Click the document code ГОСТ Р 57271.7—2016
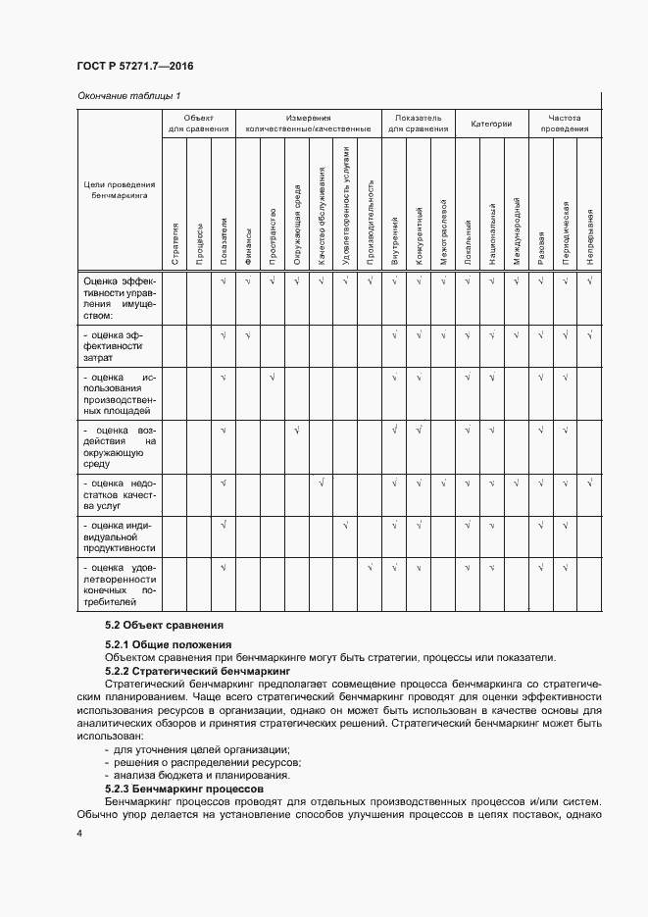134,66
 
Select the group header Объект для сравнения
198,123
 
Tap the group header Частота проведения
565,123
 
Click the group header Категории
491,124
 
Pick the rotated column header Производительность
371,222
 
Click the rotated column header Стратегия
174,244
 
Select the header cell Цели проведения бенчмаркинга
119,190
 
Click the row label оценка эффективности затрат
116,346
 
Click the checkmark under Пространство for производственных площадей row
272,378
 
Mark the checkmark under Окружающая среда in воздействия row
296,430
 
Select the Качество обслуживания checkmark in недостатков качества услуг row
321,483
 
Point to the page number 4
78,833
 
